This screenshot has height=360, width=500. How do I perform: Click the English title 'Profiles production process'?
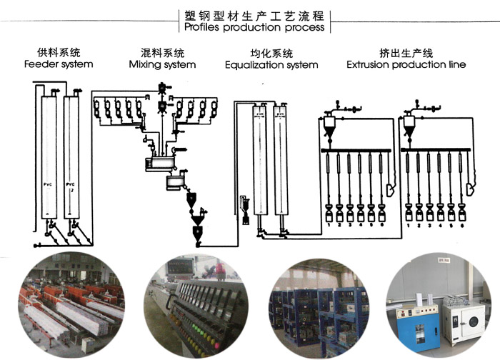tap(254, 28)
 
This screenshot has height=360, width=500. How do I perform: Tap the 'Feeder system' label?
tap(59, 64)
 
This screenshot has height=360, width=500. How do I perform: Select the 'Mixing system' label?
tap(162, 64)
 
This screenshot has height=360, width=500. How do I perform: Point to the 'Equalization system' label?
tap(271, 65)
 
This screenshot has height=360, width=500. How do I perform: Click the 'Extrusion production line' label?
tap(406, 64)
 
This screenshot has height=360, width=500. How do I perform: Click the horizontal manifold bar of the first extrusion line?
tap(356, 150)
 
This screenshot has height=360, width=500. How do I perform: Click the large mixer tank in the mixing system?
tap(156, 164)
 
